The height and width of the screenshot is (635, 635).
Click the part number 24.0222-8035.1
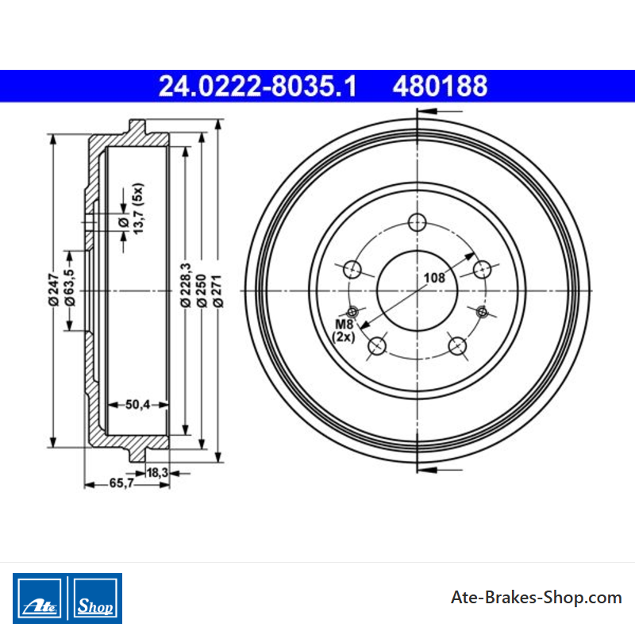pyautogui.click(x=257, y=87)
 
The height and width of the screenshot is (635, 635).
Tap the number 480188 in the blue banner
pyautogui.click(x=441, y=87)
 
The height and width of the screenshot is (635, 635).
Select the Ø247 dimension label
pyautogui.click(x=53, y=290)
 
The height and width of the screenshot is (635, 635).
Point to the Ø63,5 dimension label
pyautogui.click(x=70, y=287)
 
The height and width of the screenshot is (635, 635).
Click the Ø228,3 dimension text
pyautogui.click(x=186, y=285)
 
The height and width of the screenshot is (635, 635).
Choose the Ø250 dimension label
pyautogui.click(x=202, y=291)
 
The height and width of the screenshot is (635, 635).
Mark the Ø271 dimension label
pyautogui.click(x=217, y=291)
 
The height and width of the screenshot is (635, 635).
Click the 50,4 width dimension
pyautogui.click(x=137, y=404)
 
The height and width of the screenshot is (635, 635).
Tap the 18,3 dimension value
pyautogui.click(x=157, y=472)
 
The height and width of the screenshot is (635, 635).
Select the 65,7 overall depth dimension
pyautogui.click(x=121, y=483)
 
